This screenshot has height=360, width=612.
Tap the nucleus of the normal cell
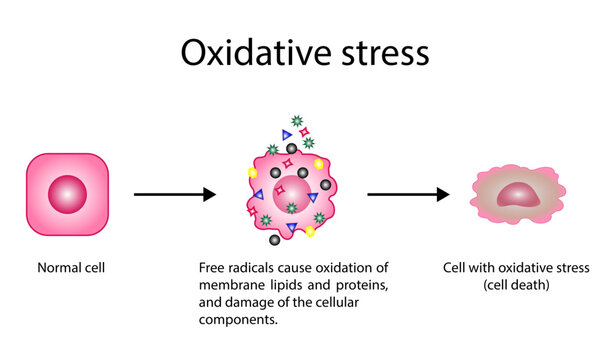tap(68, 193)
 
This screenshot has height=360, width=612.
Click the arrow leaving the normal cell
tap(174, 195)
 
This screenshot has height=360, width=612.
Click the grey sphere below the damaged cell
tap(273, 240)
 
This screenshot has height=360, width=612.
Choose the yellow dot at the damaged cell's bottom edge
tap(310, 232)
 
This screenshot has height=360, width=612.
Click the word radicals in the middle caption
tap(249, 268)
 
